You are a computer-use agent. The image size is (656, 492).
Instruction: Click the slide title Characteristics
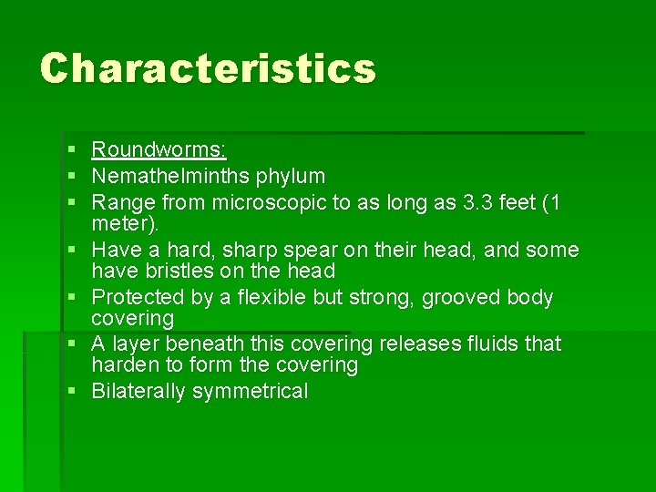tap(207, 68)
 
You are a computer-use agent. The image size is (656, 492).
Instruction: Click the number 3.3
tap(475, 201)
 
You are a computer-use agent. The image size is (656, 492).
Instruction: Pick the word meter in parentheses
tap(119, 223)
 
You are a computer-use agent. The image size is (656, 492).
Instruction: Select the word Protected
tap(140, 298)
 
